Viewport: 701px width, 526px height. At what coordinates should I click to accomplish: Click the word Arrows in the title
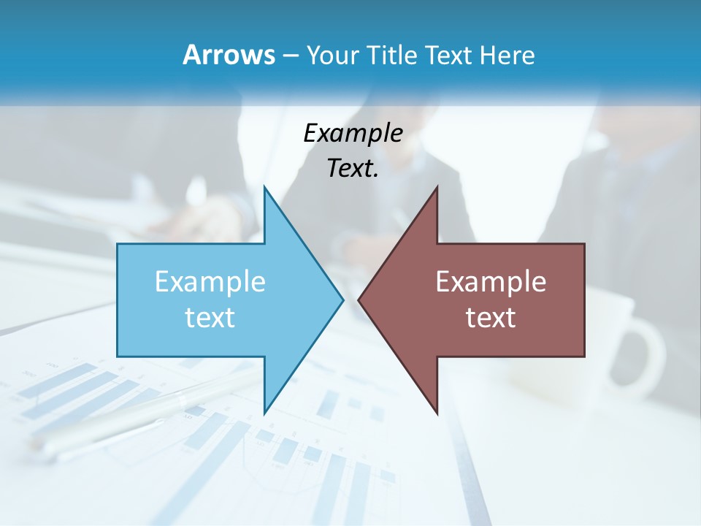228,55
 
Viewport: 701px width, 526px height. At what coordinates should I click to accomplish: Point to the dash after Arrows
289,56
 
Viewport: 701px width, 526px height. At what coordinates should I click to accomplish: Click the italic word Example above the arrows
353,134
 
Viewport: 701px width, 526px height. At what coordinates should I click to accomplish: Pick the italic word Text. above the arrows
353,168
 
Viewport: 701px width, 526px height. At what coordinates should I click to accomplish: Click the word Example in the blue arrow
210,282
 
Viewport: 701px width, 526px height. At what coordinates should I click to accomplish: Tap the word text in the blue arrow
210,318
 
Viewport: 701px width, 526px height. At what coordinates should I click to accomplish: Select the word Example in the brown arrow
491,282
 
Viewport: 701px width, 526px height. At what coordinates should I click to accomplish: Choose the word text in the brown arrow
491,318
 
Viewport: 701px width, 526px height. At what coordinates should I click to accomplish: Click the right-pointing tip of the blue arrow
342,300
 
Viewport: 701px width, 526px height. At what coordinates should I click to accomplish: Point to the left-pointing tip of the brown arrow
359,300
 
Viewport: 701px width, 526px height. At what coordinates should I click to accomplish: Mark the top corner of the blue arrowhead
265,188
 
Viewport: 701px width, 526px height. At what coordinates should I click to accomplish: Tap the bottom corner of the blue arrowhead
265,412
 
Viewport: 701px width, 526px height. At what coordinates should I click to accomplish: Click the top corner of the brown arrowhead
437,188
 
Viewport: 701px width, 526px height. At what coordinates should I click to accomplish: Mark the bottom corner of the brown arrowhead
437,412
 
